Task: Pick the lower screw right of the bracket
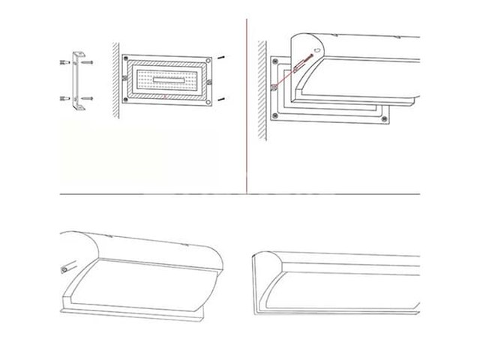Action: [88, 97]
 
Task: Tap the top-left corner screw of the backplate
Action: [126, 58]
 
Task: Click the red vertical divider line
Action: [247, 105]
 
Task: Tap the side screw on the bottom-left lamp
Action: [65, 268]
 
